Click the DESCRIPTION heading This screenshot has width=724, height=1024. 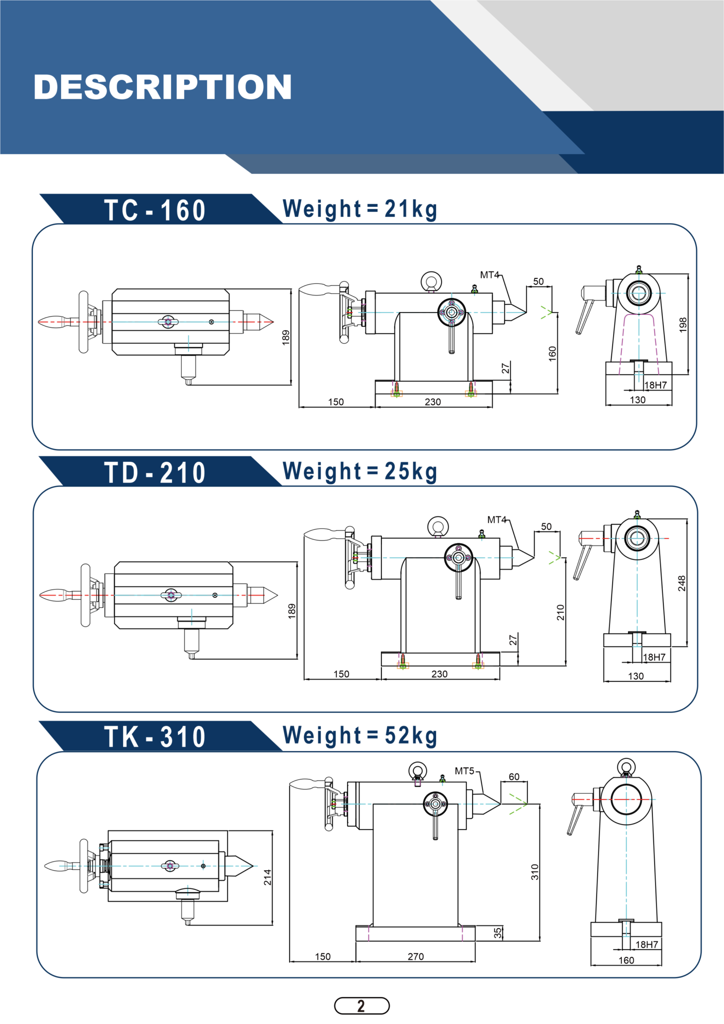pos(162,87)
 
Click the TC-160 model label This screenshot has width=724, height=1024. pos(155,210)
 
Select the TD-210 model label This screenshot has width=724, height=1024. pos(155,472)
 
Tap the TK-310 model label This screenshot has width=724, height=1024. pos(155,737)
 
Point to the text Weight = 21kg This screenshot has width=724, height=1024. pos(360,209)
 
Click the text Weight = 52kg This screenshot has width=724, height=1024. pos(360,735)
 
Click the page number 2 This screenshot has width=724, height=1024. pos(361,1005)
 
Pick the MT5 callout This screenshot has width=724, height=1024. pos(464,771)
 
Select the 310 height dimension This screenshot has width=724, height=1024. pos(535,872)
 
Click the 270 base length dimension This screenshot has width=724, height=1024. pos(415,956)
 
